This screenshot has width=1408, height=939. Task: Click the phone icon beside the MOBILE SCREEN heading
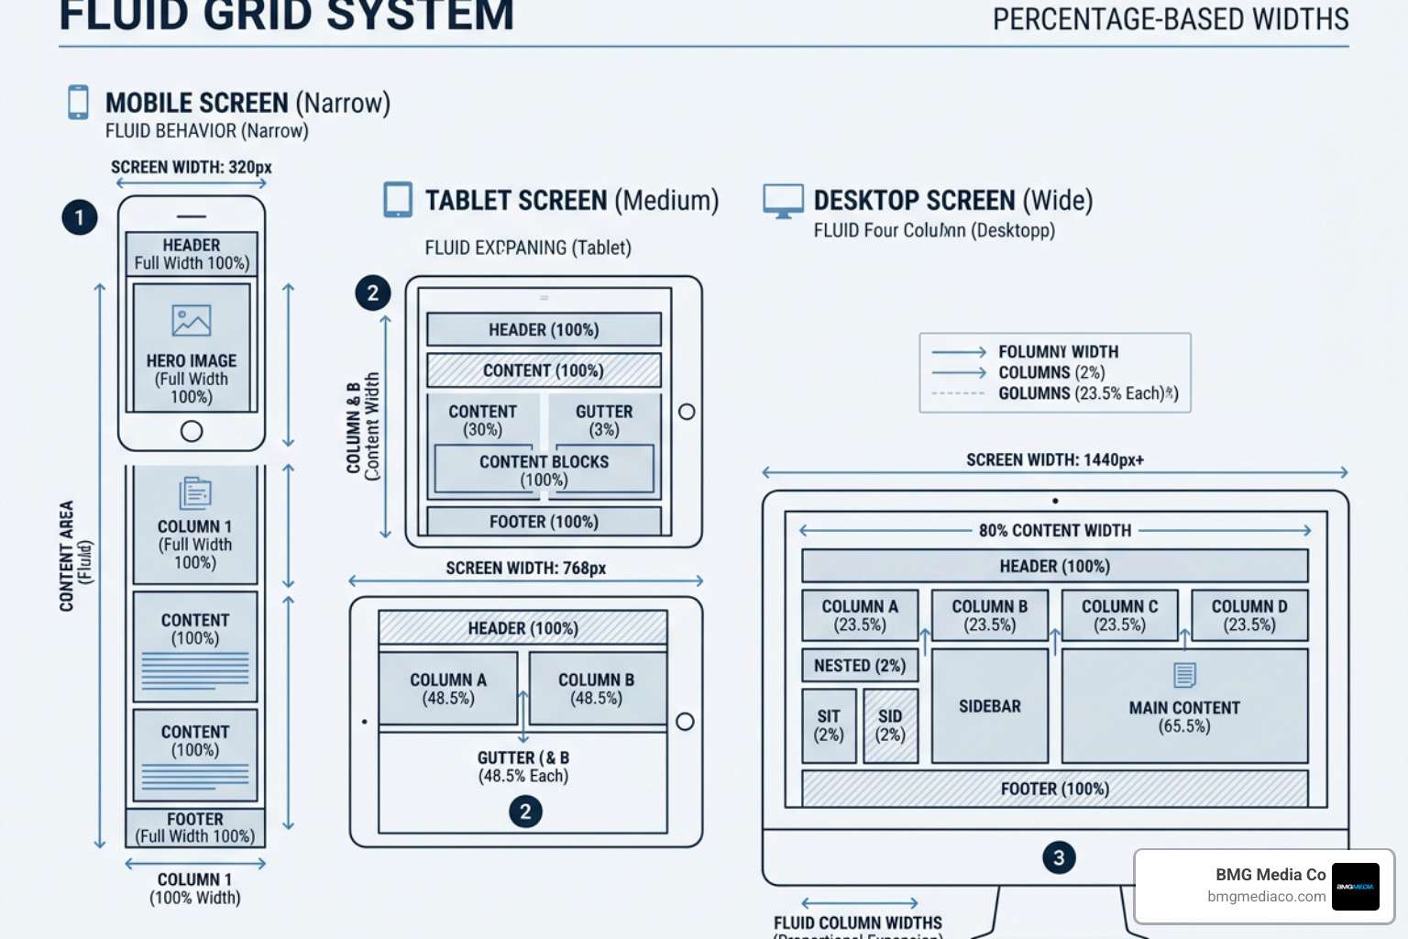coord(79,102)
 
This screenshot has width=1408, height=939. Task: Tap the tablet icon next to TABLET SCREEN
coord(398,200)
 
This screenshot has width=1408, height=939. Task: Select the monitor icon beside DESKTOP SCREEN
coord(783,201)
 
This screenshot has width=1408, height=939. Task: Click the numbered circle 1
coord(80,217)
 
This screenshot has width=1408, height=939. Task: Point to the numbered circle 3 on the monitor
coord(1059,857)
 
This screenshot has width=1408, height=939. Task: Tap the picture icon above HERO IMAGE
coord(192,321)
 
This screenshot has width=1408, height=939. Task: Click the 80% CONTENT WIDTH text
coord(1054,531)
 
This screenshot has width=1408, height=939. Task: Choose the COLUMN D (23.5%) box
coord(1249,615)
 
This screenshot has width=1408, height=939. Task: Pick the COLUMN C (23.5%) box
coord(1119,615)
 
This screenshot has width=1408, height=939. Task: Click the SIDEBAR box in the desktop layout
coord(990,706)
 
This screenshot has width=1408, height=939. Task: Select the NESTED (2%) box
coord(860,666)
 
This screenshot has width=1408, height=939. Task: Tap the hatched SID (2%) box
coord(890,725)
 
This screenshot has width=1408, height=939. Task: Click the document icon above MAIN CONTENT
coord(1184,675)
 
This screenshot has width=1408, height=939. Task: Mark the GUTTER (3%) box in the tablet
coord(604,420)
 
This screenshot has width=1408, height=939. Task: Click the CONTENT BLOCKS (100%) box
coord(544,470)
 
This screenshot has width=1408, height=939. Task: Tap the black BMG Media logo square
coord(1355,886)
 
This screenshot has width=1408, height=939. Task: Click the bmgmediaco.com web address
coord(1266,897)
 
